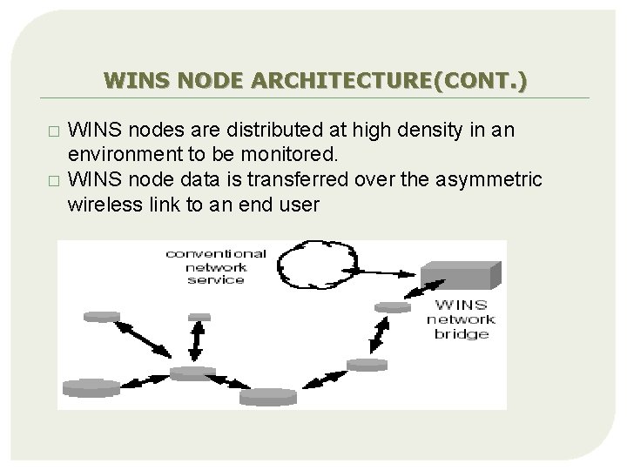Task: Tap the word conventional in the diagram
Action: [218, 254]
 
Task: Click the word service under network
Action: [215, 281]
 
